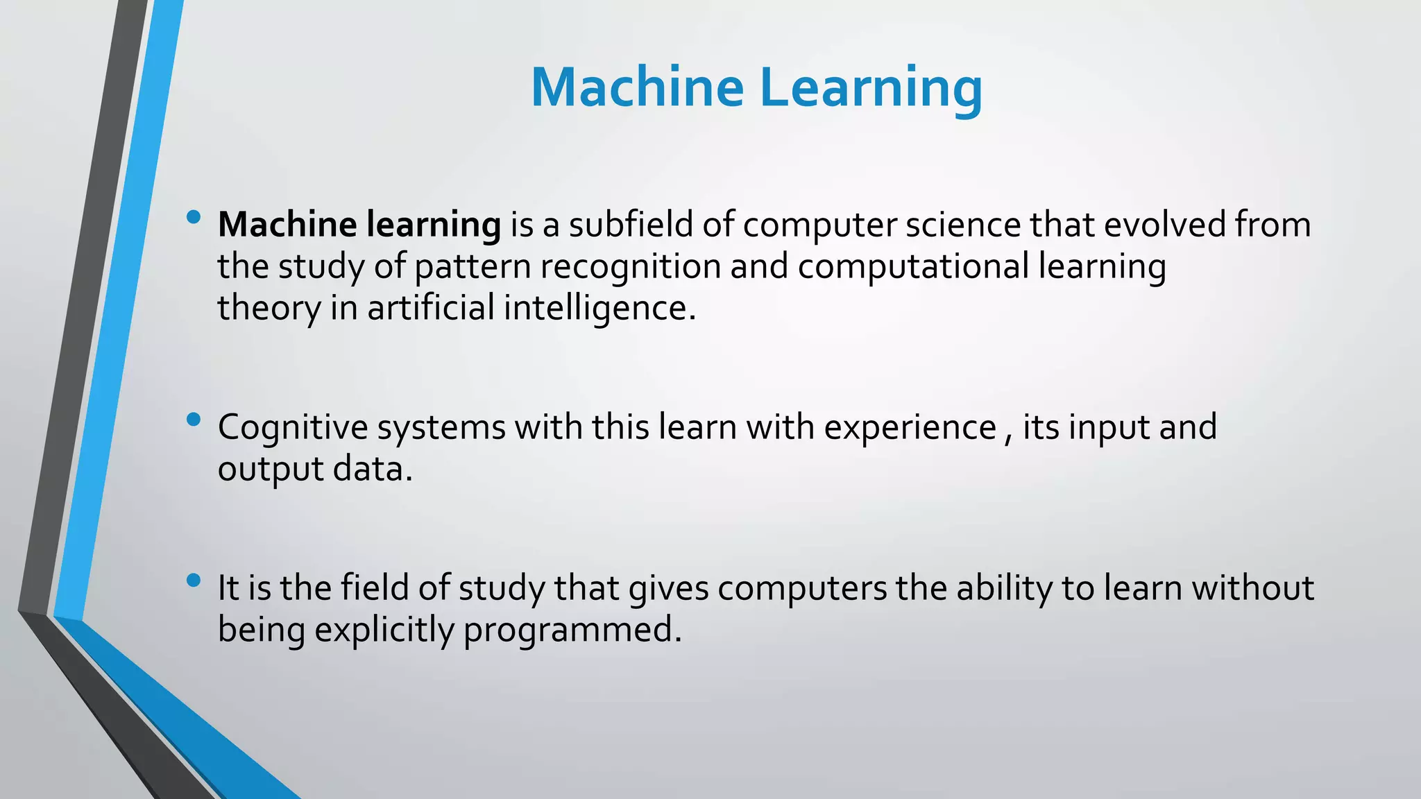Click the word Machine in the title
point(637,88)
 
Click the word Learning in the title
point(871,88)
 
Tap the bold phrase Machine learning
point(359,225)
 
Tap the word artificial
point(430,308)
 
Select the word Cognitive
point(292,427)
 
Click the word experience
point(910,427)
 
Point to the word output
point(271,470)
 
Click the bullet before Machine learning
point(194,218)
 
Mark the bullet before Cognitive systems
point(194,420)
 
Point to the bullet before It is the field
point(194,581)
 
